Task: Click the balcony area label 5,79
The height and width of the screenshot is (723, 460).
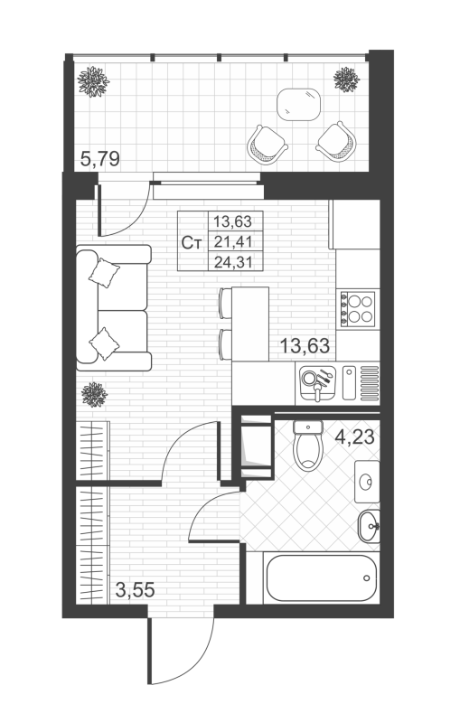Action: (99, 159)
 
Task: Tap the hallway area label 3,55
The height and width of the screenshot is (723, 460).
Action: (135, 589)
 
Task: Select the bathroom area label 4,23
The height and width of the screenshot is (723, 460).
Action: (354, 437)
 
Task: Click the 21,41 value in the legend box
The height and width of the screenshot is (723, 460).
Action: (233, 241)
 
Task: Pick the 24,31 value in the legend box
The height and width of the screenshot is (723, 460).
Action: (233, 262)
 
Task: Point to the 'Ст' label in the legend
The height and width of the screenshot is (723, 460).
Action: (192, 242)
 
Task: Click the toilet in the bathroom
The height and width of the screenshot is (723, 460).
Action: (308, 446)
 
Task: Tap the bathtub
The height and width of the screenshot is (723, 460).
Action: (320, 577)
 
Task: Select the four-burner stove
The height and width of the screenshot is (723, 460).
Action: (358, 309)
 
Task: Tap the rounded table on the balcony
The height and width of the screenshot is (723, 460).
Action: (298, 105)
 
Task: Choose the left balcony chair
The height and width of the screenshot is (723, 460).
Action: (267, 144)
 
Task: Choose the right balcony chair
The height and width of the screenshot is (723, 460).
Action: (336, 142)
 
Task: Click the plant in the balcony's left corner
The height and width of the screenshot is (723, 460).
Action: (93, 81)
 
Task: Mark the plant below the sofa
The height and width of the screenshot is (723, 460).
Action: (94, 395)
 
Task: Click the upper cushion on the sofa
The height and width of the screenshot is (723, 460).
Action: (104, 273)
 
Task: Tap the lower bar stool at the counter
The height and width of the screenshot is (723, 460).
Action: (225, 344)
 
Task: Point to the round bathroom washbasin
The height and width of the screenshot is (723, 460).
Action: (369, 526)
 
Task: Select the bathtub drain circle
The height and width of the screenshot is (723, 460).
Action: (366, 577)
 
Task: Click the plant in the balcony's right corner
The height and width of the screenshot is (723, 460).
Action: (346, 80)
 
